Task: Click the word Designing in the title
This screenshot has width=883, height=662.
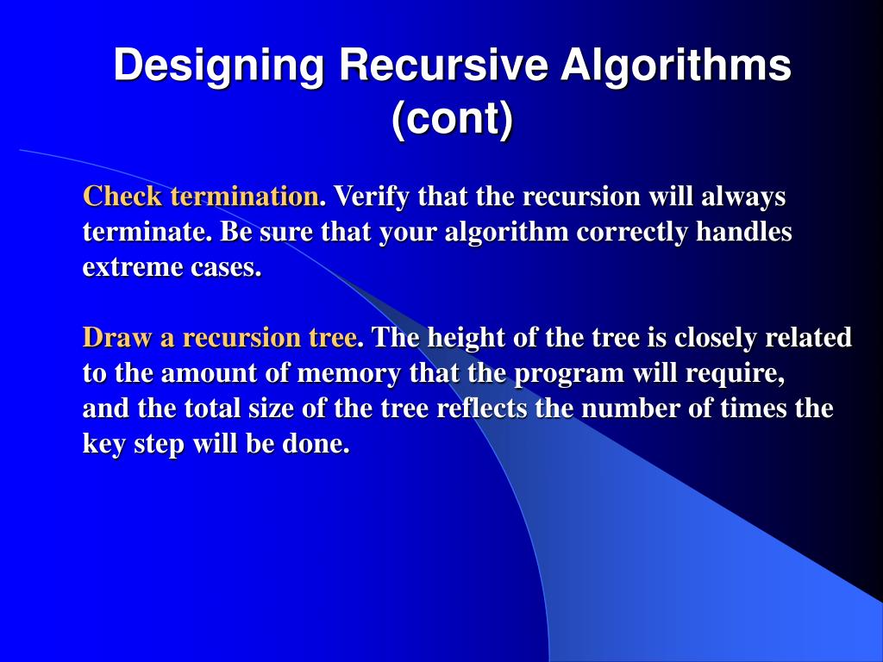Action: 219,67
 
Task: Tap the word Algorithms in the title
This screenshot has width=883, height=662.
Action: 676,67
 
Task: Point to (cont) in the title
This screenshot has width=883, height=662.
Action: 452,118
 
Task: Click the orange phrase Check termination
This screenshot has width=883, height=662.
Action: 201,197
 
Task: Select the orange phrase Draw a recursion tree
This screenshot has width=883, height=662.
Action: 220,337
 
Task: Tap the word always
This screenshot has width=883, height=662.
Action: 743,197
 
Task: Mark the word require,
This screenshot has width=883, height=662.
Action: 741,374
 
